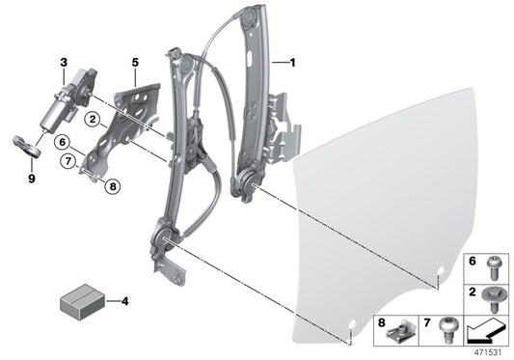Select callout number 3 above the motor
(64, 63)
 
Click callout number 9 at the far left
(31, 179)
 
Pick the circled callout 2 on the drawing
(94, 121)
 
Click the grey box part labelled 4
(83, 301)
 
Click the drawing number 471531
(492, 352)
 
